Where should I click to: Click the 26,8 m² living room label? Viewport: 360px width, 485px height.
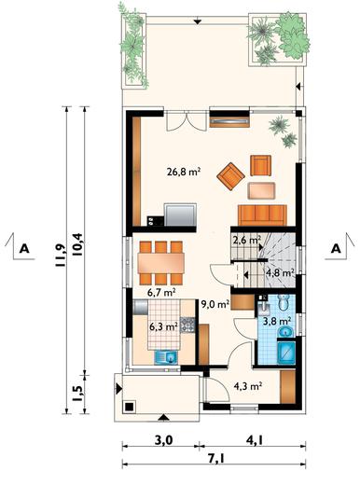(184, 172)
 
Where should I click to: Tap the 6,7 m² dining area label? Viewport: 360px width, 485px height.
(161, 292)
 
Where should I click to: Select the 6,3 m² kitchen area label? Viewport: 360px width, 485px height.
(163, 327)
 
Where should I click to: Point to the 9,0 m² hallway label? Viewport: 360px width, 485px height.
(215, 304)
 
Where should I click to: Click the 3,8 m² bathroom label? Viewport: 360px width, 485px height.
(277, 321)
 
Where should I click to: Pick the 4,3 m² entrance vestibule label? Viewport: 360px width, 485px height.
(248, 386)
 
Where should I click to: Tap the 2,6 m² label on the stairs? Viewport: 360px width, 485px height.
(246, 241)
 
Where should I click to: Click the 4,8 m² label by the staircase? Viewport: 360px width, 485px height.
(281, 273)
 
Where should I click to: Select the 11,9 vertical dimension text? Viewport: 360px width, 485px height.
(60, 255)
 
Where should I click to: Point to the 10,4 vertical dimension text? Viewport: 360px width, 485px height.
(77, 244)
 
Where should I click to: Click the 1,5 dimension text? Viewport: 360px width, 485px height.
(77, 394)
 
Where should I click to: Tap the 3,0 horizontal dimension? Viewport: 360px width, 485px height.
(163, 440)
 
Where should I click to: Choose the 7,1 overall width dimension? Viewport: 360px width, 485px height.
(216, 458)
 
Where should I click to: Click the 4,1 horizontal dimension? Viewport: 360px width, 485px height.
(255, 440)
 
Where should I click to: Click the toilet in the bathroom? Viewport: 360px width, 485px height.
(284, 302)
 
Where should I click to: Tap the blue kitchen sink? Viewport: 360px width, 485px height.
(166, 357)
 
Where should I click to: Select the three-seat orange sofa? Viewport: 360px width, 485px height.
(262, 215)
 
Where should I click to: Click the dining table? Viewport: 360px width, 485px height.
(161, 263)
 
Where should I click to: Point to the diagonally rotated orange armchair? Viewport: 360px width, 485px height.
(230, 176)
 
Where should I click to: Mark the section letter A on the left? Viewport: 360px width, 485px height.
(24, 249)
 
